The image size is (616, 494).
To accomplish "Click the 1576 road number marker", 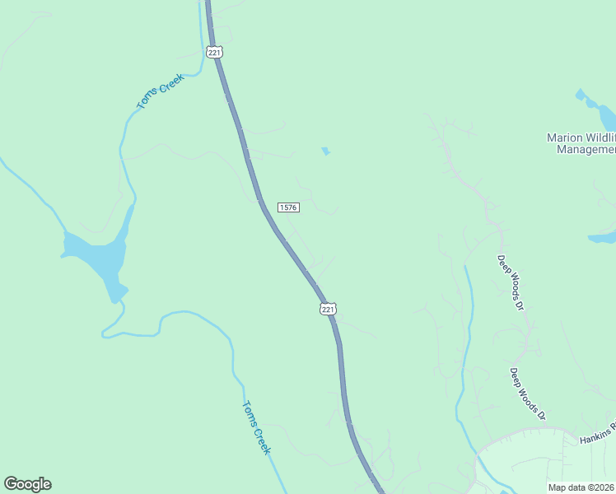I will click(x=288, y=207).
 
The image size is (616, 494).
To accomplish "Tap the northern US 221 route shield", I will click(x=215, y=53).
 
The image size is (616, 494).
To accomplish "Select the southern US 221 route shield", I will click(x=328, y=309).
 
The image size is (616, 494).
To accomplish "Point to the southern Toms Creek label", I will click(x=256, y=426).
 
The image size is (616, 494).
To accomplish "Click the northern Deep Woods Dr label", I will click(x=511, y=282).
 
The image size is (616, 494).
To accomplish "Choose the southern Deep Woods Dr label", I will click(x=528, y=394).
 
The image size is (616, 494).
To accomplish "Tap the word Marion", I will click(x=564, y=137).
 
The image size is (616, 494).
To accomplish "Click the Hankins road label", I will click(x=597, y=437).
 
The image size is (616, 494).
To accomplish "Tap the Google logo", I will click(x=27, y=484).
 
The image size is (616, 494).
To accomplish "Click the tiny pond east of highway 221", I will click(x=326, y=151).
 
